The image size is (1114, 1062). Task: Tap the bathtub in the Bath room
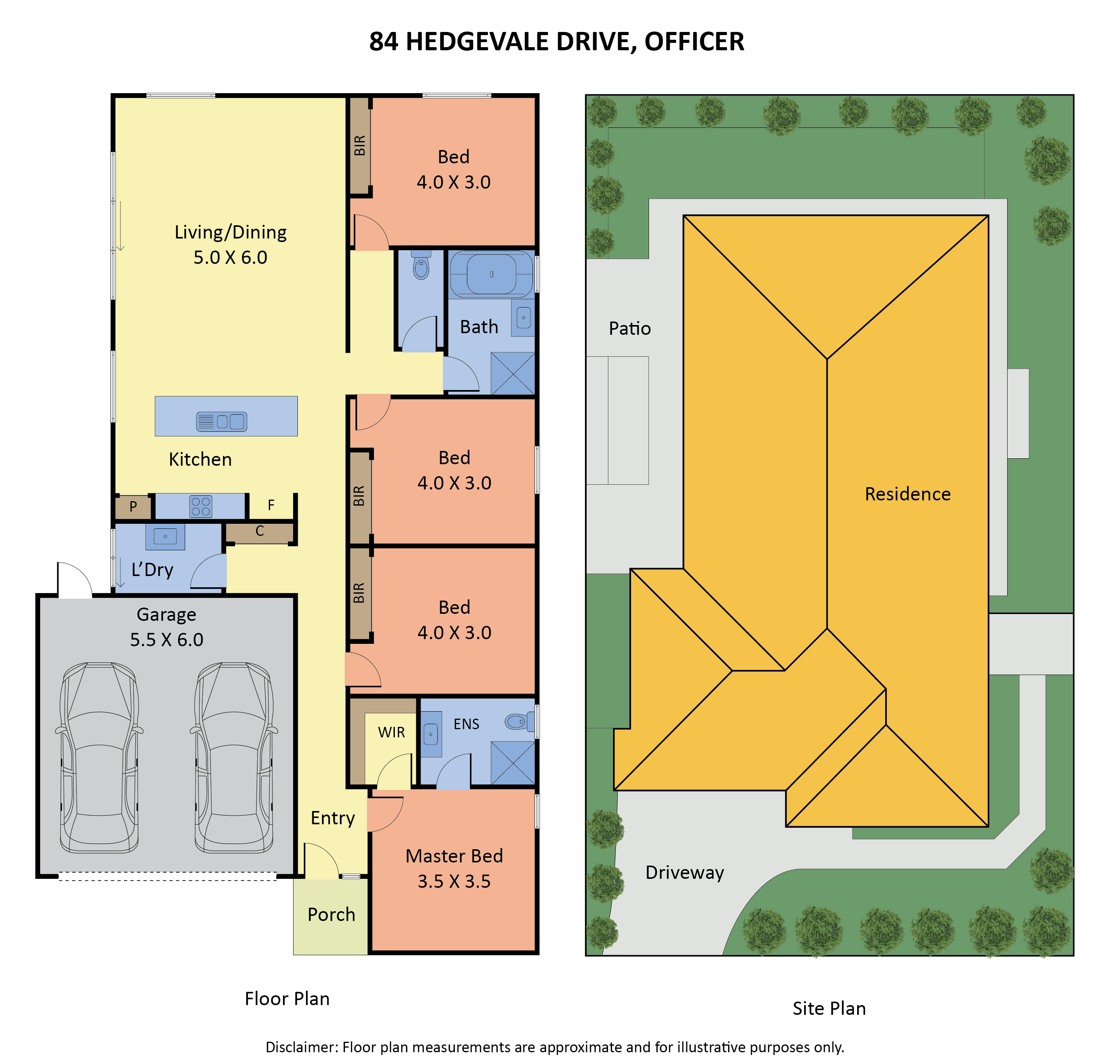click(x=492, y=274)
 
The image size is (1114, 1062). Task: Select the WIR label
click(x=391, y=733)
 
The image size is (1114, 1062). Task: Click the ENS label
click(x=467, y=724)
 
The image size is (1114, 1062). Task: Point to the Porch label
click(x=331, y=914)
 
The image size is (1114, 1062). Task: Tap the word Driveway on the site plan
click(x=684, y=872)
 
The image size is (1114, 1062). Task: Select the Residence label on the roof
click(x=907, y=494)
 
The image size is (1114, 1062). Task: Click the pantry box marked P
click(x=133, y=507)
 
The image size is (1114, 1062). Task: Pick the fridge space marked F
click(x=271, y=505)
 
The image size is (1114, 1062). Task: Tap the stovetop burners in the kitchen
click(x=200, y=507)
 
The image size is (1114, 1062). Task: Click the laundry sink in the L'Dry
click(x=165, y=536)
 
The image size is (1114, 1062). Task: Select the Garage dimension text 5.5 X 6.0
click(x=166, y=640)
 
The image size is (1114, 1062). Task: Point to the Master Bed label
click(x=454, y=856)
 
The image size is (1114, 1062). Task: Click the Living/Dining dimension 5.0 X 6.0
click(x=230, y=258)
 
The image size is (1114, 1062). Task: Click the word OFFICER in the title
click(x=695, y=41)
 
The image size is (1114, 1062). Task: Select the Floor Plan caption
click(x=287, y=998)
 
